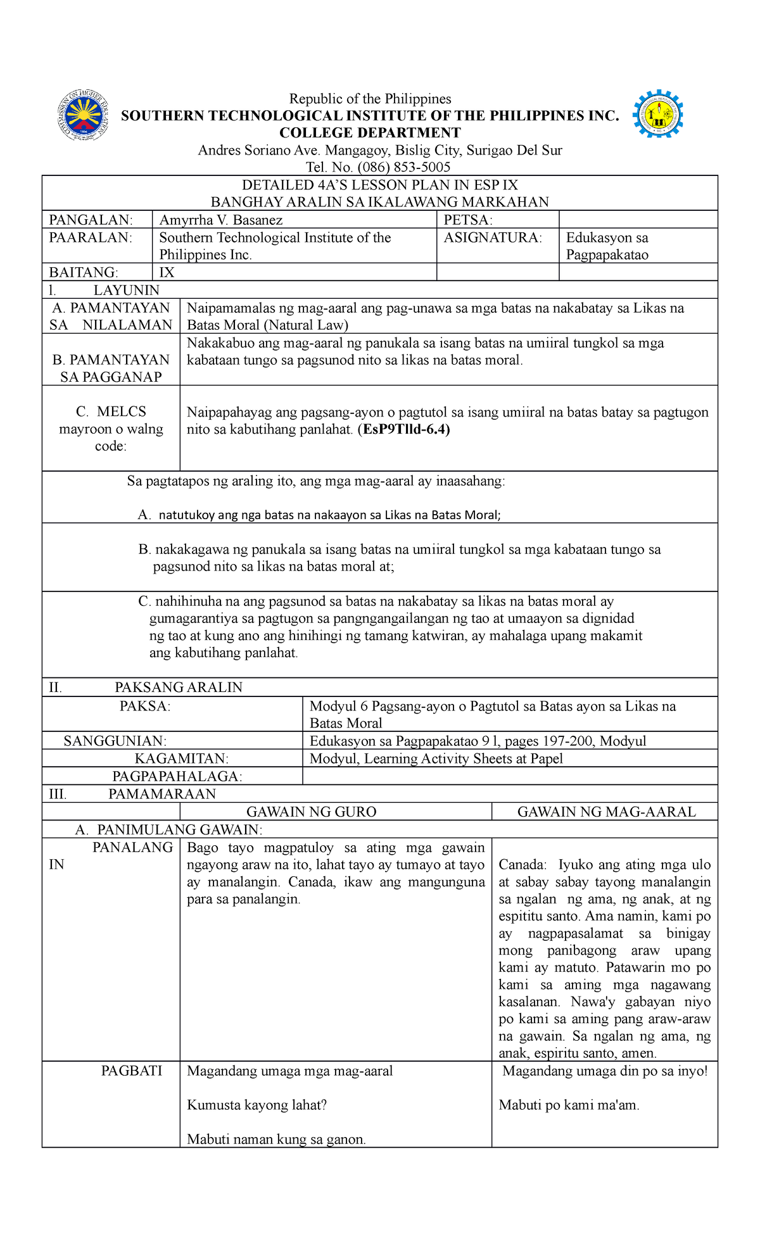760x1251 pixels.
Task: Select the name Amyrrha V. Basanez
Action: [x=220, y=220]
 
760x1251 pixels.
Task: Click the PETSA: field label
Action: [x=467, y=220]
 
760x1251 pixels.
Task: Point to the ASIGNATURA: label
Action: [x=492, y=237]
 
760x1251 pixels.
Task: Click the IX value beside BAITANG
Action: [x=167, y=272]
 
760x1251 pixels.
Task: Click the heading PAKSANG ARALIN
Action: [x=178, y=687]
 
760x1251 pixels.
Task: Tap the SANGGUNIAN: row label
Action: [x=115, y=741]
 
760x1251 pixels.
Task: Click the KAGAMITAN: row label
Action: [x=181, y=758]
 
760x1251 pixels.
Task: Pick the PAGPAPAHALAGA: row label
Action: [x=177, y=776]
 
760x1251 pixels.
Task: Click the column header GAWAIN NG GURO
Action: [x=311, y=812]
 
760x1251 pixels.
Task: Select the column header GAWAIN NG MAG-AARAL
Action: [x=606, y=812]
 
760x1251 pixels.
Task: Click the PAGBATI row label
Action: [x=131, y=1071]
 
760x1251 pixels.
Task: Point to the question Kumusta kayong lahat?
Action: [x=256, y=1105]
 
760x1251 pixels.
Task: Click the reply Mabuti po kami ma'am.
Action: [x=569, y=1105]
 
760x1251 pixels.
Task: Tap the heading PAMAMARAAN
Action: [x=161, y=794]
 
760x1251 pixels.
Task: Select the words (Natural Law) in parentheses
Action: [x=305, y=325]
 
